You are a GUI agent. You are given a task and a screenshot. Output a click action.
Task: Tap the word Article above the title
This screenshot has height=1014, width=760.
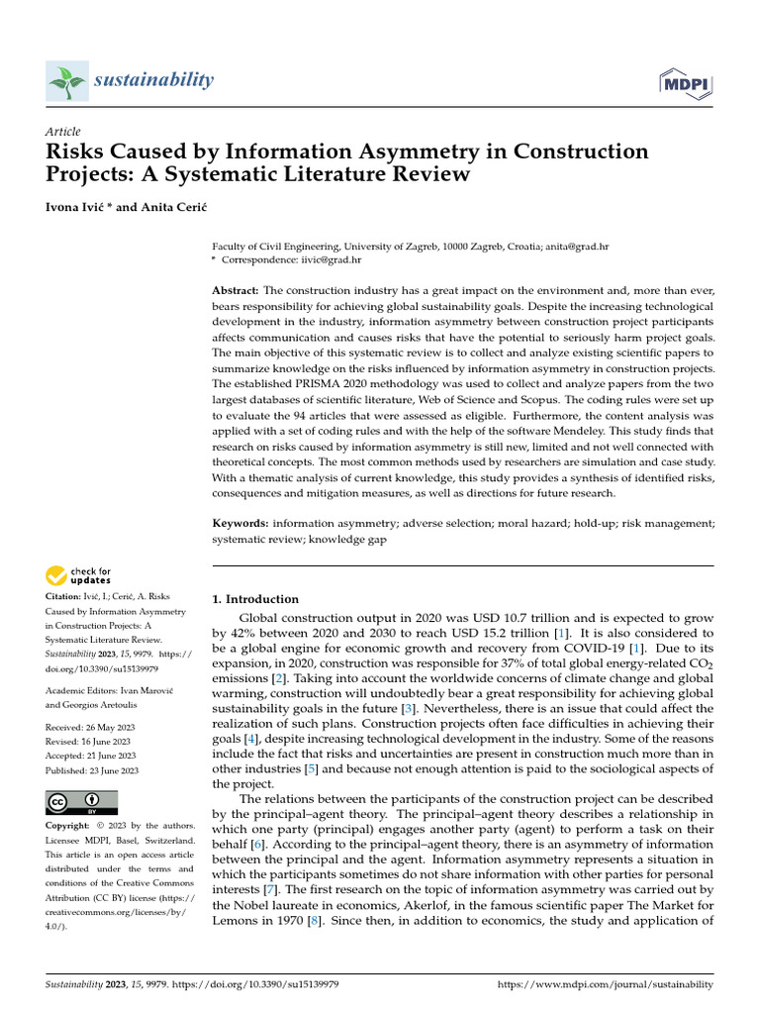pyautogui.click(x=63, y=132)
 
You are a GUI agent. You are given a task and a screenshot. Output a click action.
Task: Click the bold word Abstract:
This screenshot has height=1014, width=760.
pyautogui.click(x=236, y=290)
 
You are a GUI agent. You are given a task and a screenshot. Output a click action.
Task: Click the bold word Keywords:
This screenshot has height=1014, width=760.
pyautogui.click(x=240, y=522)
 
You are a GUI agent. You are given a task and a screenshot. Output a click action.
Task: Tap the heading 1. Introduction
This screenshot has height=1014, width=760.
pyautogui.click(x=256, y=599)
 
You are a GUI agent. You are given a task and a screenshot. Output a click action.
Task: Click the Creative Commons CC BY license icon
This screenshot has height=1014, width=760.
pyautogui.click(x=81, y=802)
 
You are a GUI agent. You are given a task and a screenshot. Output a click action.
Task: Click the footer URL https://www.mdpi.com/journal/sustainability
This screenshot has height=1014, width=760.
pyautogui.click(x=604, y=985)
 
